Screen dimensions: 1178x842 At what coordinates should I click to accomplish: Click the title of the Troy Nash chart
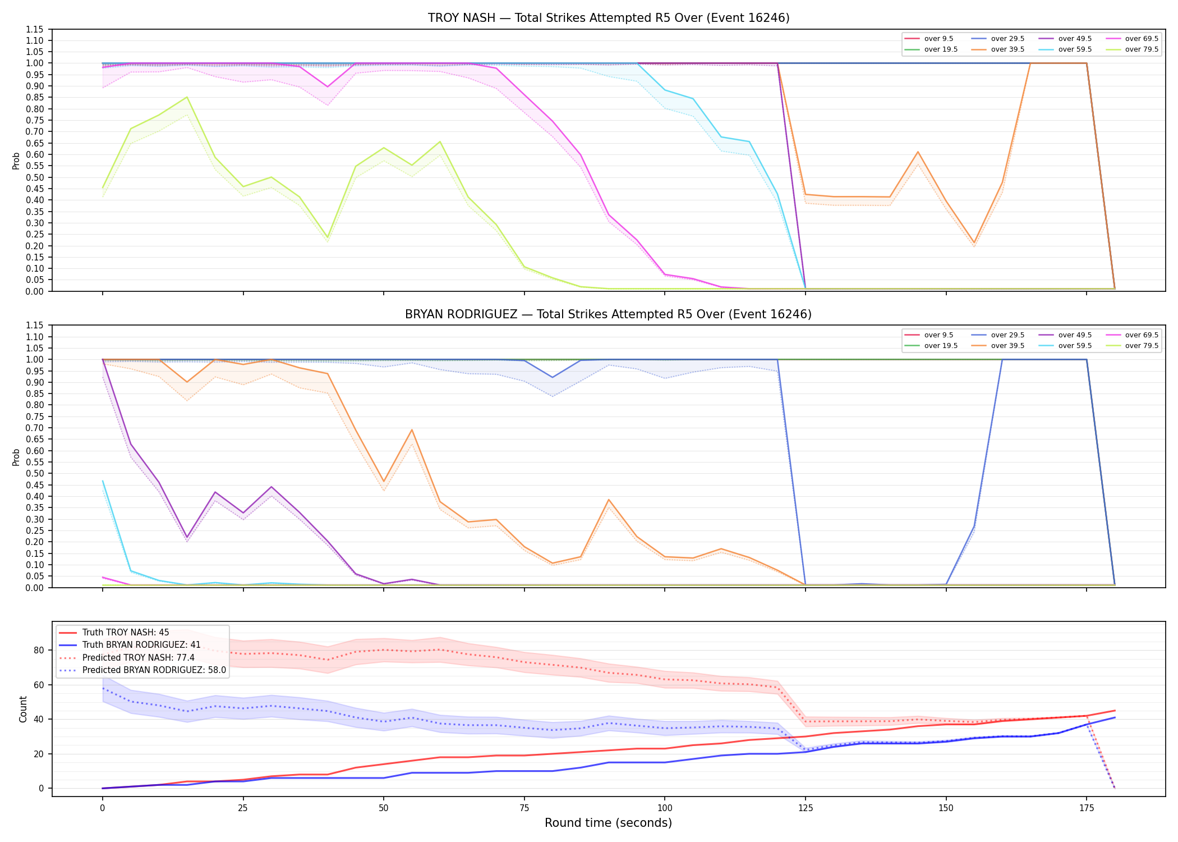(x=609, y=18)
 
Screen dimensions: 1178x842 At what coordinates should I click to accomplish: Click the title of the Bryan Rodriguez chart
(x=609, y=314)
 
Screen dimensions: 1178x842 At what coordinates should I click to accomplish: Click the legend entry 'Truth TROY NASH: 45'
(x=114, y=633)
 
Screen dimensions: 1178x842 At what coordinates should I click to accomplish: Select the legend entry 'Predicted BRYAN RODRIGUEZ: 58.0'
(x=142, y=670)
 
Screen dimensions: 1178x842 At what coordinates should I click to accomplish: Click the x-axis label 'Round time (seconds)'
(x=608, y=823)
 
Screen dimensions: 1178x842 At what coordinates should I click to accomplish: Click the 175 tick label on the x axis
(x=1087, y=808)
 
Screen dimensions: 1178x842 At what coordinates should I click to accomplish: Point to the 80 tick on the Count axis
(x=38, y=651)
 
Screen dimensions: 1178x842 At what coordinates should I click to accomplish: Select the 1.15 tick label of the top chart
(x=34, y=29)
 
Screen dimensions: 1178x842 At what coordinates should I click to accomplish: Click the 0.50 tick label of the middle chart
(x=34, y=474)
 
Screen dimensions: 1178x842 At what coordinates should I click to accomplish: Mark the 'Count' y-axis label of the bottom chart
(x=23, y=709)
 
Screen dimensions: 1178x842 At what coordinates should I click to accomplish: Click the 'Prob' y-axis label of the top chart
(x=16, y=161)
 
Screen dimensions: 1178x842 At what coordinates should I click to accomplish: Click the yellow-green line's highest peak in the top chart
(x=187, y=97)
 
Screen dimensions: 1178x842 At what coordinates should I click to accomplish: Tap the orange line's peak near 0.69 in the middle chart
(x=412, y=430)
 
